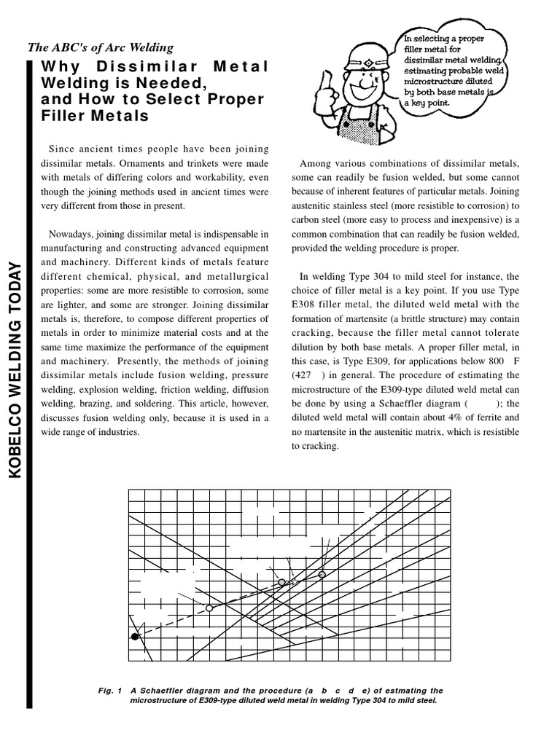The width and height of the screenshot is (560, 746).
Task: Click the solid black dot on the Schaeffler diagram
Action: click(x=135, y=636)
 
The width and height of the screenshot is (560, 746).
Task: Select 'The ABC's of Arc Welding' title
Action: click(x=101, y=48)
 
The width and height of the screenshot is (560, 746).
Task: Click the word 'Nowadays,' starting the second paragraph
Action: click(x=71, y=234)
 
